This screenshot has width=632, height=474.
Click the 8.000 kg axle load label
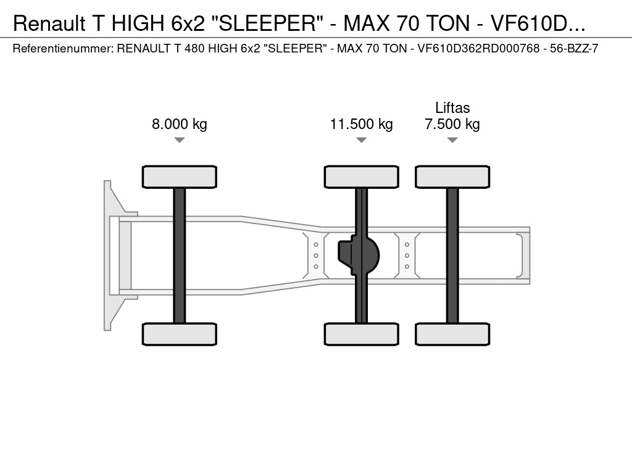click(180, 123)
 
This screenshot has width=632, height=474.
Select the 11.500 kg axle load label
click(362, 123)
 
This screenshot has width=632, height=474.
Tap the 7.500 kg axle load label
click(452, 123)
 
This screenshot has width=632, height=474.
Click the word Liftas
click(452, 107)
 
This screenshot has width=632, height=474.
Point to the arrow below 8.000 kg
click(180, 140)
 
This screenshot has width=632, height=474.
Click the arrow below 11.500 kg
click(362, 140)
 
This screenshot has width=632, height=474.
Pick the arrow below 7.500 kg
click(452, 140)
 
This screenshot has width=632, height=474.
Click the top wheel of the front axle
click(180, 177)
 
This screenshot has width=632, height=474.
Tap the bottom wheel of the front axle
click(180, 334)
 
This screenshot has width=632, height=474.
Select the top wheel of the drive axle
click(362, 177)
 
